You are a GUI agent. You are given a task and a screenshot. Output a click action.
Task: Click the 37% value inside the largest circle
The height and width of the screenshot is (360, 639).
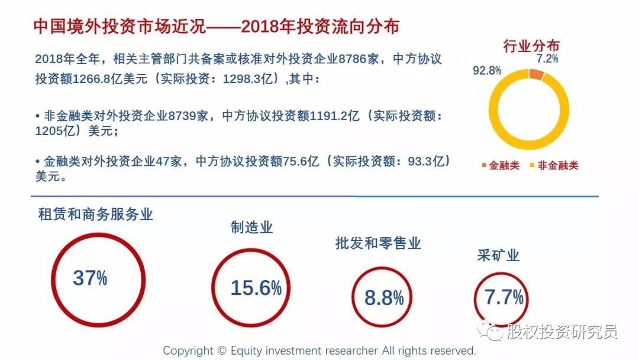[90, 278]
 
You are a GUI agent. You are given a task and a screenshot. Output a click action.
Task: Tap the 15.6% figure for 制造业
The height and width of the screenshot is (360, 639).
[256, 288]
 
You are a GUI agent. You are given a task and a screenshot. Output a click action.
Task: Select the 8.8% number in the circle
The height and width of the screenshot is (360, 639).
[383, 298]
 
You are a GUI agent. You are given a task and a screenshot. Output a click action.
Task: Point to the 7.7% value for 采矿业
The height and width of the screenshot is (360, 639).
[504, 297]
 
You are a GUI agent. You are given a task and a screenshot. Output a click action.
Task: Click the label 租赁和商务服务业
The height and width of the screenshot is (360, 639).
[95, 214]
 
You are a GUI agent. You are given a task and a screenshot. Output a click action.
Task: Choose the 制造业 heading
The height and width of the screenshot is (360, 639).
[251, 227]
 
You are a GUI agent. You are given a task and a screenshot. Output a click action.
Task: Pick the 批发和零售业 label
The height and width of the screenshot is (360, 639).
[377, 243]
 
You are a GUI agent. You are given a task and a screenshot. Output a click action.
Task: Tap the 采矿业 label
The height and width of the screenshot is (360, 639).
[498, 256]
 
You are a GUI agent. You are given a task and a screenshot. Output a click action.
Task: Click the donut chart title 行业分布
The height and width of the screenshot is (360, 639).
[531, 46]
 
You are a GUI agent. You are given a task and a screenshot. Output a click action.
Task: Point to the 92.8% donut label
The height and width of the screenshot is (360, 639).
[487, 70]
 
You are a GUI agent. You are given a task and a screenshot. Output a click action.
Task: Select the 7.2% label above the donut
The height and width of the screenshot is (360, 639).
[547, 59]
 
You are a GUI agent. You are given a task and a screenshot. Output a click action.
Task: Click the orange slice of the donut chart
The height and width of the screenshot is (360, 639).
[536, 75]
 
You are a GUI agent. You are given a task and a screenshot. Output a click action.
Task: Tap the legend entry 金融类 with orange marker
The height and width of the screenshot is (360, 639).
[501, 166]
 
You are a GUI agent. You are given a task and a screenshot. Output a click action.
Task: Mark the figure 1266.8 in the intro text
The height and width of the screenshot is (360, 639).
[92, 79]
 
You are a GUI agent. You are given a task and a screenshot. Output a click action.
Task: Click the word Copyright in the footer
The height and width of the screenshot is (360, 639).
[187, 351]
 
